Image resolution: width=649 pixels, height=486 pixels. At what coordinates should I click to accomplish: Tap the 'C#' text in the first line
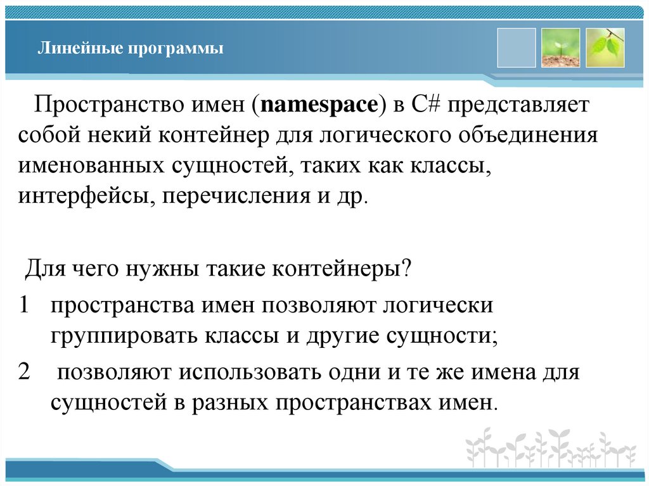[x=430, y=105]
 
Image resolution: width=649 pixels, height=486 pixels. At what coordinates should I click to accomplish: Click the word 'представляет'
[x=523, y=105]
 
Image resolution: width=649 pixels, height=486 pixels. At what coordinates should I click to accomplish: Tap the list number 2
[x=25, y=372]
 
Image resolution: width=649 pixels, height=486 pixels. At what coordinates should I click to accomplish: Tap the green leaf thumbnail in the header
[x=605, y=48]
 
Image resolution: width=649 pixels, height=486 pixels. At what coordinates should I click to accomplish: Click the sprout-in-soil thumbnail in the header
[x=560, y=48]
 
